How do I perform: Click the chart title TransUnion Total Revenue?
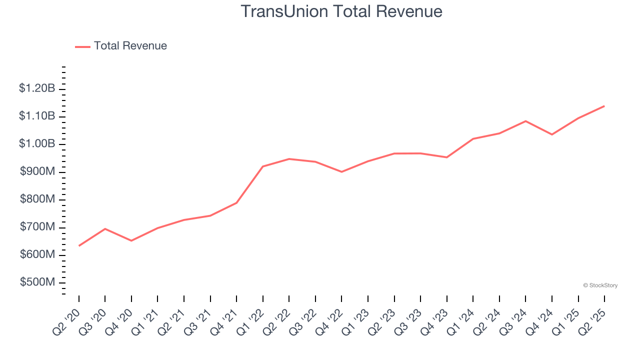pyautogui.click(x=341, y=11)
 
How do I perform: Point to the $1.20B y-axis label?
pyautogui.click(x=37, y=88)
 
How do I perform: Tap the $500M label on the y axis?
pyautogui.click(x=37, y=282)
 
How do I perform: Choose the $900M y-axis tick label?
pyautogui.click(x=37, y=172)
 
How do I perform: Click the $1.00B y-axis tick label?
pyautogui.click(x=37, y=144)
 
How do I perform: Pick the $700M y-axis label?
pyautogui.click(x=37, y=227)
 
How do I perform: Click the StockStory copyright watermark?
pyautogui.click(x=600, y=285)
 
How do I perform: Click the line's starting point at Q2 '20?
pyautogui.click(x=79, y=245)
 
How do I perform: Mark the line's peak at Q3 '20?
pyautogui.click(x=105, y=228)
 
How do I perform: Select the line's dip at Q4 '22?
pyautogui.click(x=341, y=171)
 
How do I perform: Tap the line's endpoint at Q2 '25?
pyautogui.click(x=604, y=106)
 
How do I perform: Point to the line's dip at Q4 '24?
pyautogui.click(x=552, y=134)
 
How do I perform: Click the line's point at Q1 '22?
pyautogui.click(x=263, y=166)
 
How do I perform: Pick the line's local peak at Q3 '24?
pyautogui.click(x=525, y=121)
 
